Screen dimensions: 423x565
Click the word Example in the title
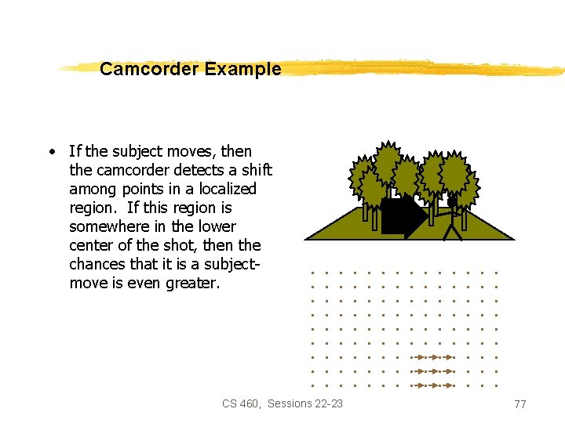[x=242, y=69]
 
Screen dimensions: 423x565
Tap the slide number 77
[x=519, y=404]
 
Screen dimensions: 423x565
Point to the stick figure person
[x=452, y=219]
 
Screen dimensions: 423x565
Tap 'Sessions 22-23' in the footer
[x=305, y=403]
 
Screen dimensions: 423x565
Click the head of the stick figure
[x=452, y=202]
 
